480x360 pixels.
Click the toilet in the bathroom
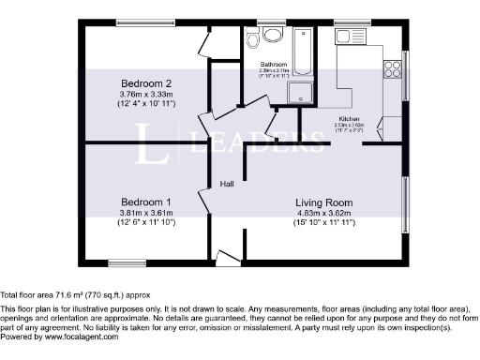(x=273, y=36)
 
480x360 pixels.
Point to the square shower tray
(x=301, y=90)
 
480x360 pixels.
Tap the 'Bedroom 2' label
(x=144, y=83)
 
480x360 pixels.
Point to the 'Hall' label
(x=228, y=184)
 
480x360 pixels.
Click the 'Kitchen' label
(x=349, y=119)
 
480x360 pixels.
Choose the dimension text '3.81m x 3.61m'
(x=145, y=213)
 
